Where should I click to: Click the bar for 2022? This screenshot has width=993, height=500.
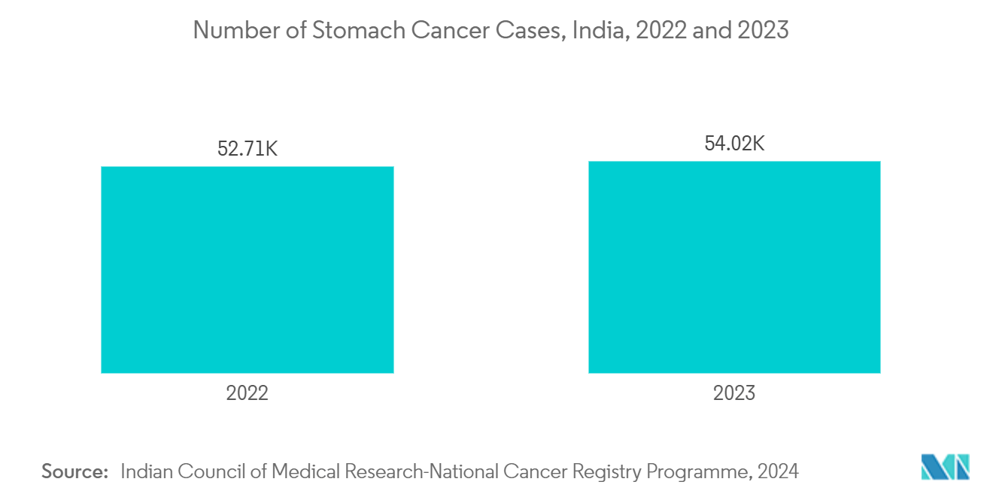click(247, 269)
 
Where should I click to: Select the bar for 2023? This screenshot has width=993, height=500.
click(733, 267)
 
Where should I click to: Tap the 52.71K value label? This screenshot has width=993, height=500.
click(247, 149)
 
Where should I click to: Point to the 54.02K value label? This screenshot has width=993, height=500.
click(734, 144)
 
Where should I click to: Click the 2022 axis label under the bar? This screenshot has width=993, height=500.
click(247, 393)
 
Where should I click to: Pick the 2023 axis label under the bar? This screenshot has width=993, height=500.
click(734, 393)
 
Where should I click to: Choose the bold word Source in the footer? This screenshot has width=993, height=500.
click(74, 471)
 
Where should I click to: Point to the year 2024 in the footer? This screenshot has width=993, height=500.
click(778, 471)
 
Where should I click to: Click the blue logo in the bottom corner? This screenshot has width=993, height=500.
click(945, 467)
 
